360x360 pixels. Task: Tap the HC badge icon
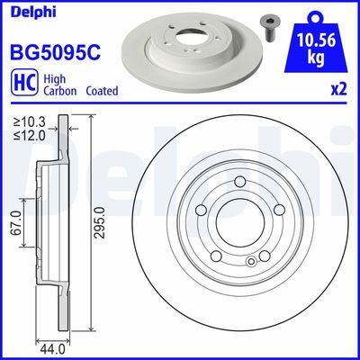click(x=22, y=83)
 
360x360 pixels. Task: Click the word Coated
click(x=103, y=90)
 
